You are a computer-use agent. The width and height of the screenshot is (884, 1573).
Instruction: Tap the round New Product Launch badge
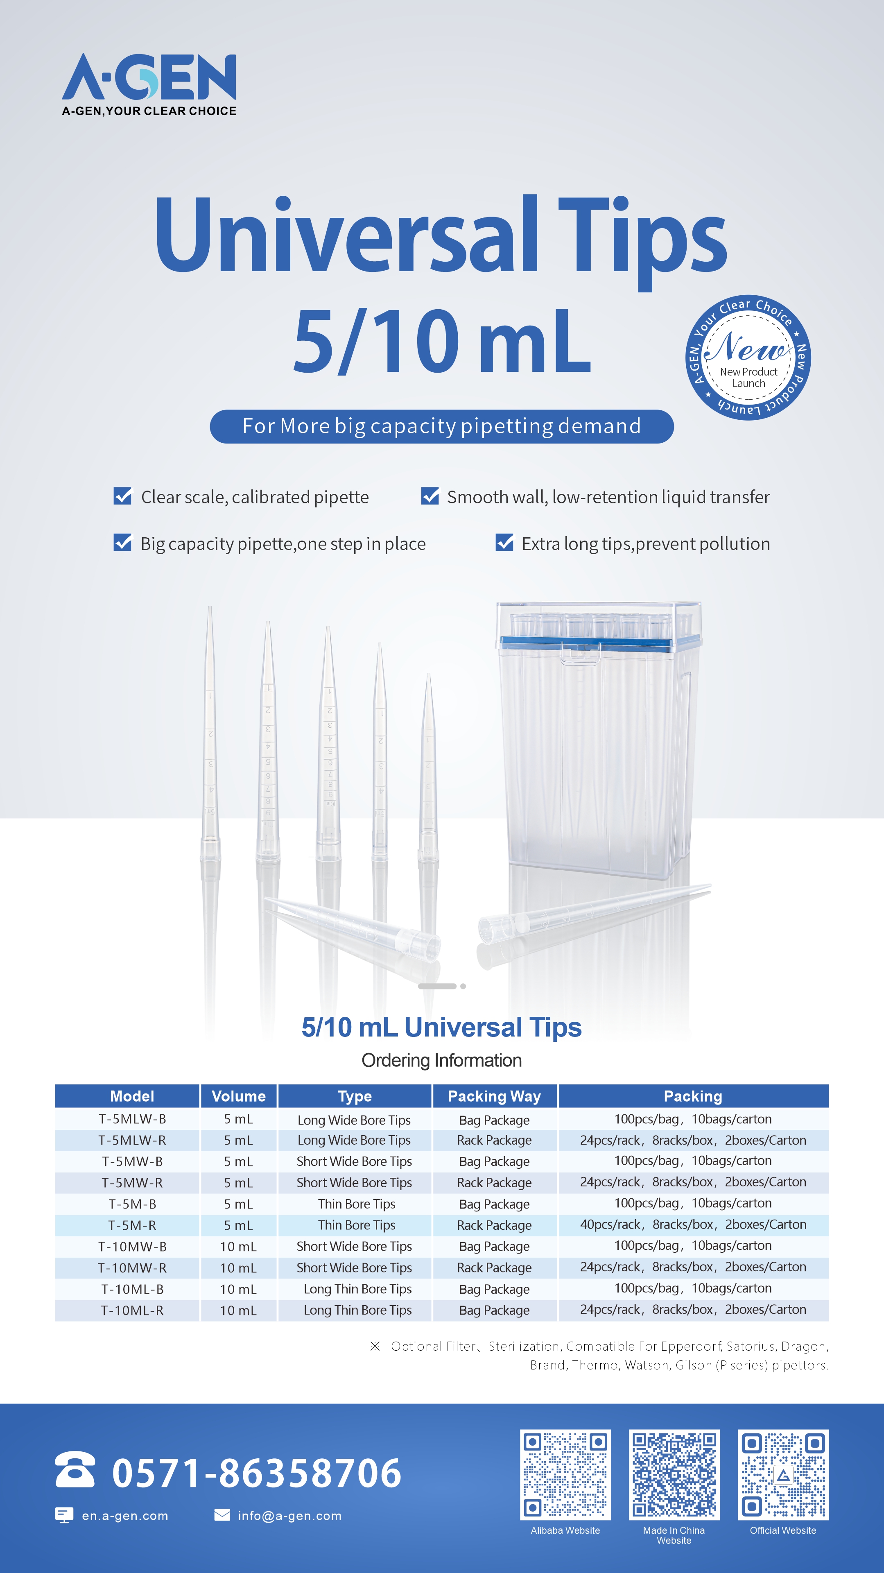748,358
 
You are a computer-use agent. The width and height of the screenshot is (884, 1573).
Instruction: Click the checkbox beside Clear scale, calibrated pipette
123,496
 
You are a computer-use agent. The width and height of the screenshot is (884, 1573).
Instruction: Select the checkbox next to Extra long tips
504,542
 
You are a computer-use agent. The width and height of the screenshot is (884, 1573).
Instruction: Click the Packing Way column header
495,1096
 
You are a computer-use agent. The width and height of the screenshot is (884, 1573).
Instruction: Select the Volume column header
239,1096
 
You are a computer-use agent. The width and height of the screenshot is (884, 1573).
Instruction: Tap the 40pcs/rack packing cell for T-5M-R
693,1224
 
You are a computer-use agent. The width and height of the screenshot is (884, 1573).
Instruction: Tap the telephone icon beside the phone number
75,1470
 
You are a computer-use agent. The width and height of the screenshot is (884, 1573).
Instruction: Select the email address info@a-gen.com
289,1516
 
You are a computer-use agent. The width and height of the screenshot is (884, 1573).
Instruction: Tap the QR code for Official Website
783,1474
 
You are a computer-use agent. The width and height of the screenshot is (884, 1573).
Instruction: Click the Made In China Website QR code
674,1474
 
